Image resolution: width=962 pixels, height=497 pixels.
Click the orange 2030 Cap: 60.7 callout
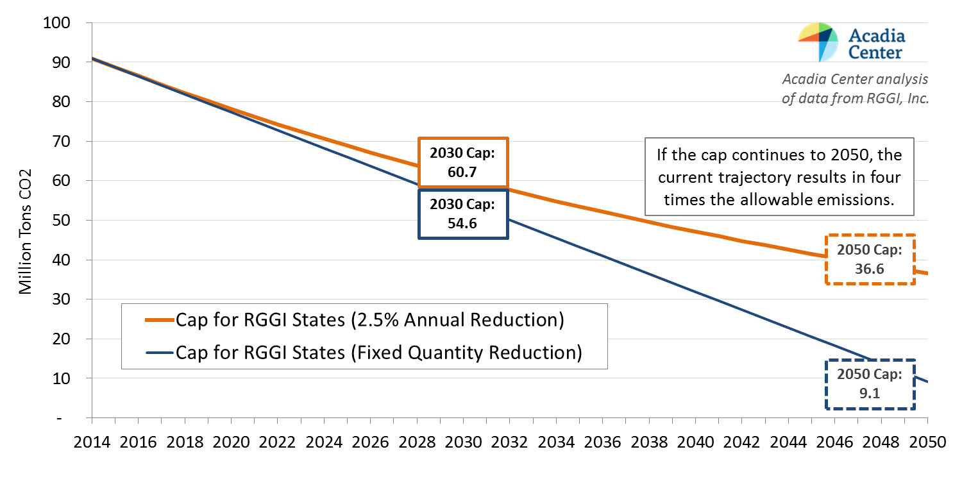[462, 163]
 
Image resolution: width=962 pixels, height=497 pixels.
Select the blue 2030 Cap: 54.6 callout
[462, 214]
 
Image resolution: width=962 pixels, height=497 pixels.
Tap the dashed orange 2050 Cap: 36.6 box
[869, 259]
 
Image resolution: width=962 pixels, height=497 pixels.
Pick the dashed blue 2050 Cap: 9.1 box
[869, 384]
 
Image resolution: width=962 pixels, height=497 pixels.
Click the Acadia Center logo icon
[818, 42]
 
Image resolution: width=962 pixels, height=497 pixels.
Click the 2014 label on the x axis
[91, 443]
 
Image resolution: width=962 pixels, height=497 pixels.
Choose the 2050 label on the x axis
[928, 443]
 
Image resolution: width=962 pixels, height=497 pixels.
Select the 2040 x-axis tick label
[695, 443]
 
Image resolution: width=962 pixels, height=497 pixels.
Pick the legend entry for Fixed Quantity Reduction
[378, 352]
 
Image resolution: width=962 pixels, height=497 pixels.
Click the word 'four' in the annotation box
[885, 177]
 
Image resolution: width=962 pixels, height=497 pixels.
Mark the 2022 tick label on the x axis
[277, 443]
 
